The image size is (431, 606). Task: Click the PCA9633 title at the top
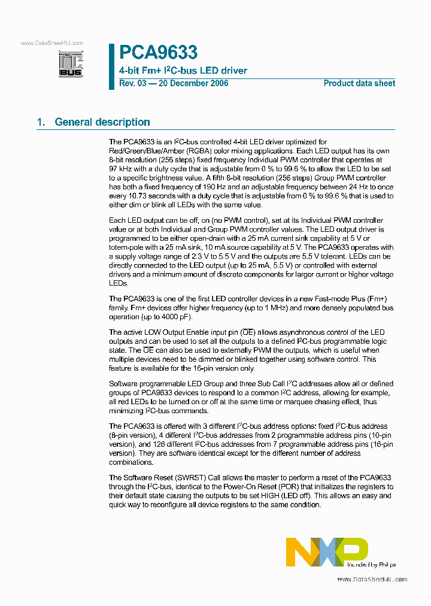click(158, 53)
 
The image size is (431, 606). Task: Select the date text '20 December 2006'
click(192, 83)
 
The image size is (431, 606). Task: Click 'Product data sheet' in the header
click(359, 83)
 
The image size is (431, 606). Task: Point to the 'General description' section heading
click(102, 122)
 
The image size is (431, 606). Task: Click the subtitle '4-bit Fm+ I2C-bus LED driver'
click(183, 71)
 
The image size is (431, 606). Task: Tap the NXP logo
click(326, 551)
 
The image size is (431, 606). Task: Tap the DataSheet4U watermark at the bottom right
click(372, 580)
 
